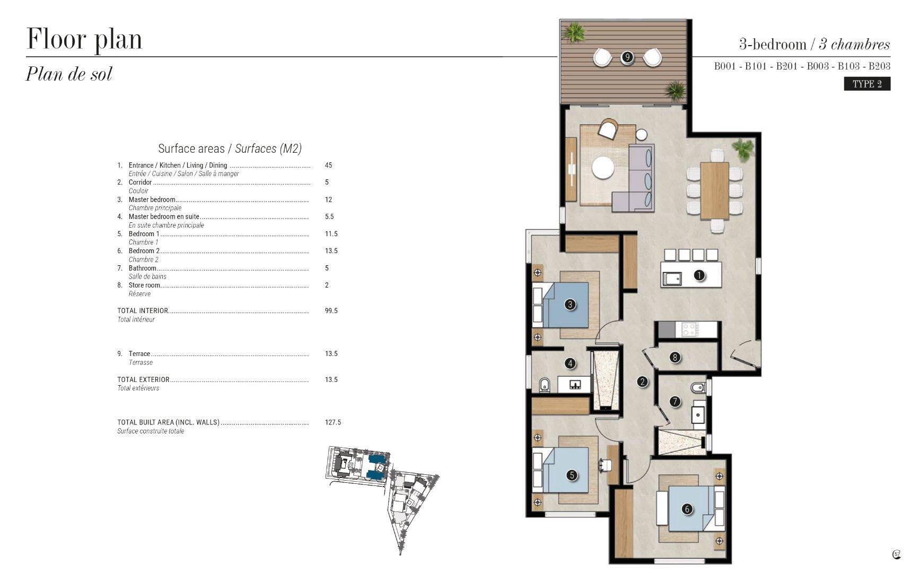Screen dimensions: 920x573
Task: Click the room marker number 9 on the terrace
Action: click(627, 57)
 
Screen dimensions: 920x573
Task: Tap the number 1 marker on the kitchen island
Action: click(699, 275)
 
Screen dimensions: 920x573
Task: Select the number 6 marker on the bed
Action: click(687, 509)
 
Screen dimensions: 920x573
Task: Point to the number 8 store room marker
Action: click(675, 358)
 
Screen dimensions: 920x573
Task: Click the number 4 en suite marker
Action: click(570, 363)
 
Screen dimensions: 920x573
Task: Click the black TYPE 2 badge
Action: click(867, 84)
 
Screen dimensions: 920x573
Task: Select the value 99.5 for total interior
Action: click(331, 311)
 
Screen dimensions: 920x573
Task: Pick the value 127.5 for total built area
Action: click(333, 423)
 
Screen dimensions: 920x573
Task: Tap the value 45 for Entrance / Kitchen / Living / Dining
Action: click(328, 166)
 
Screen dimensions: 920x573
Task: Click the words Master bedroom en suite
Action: click(164, 216)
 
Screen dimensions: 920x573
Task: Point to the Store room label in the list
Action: click(144, 285)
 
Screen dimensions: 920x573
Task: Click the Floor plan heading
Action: click(84, 39)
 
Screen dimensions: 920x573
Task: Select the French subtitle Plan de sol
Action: click(69, 74)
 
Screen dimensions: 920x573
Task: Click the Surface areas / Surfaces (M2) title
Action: click(230, 149)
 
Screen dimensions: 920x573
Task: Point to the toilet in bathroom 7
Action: click(698, 387)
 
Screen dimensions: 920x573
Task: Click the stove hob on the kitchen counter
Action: click(690, 329)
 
